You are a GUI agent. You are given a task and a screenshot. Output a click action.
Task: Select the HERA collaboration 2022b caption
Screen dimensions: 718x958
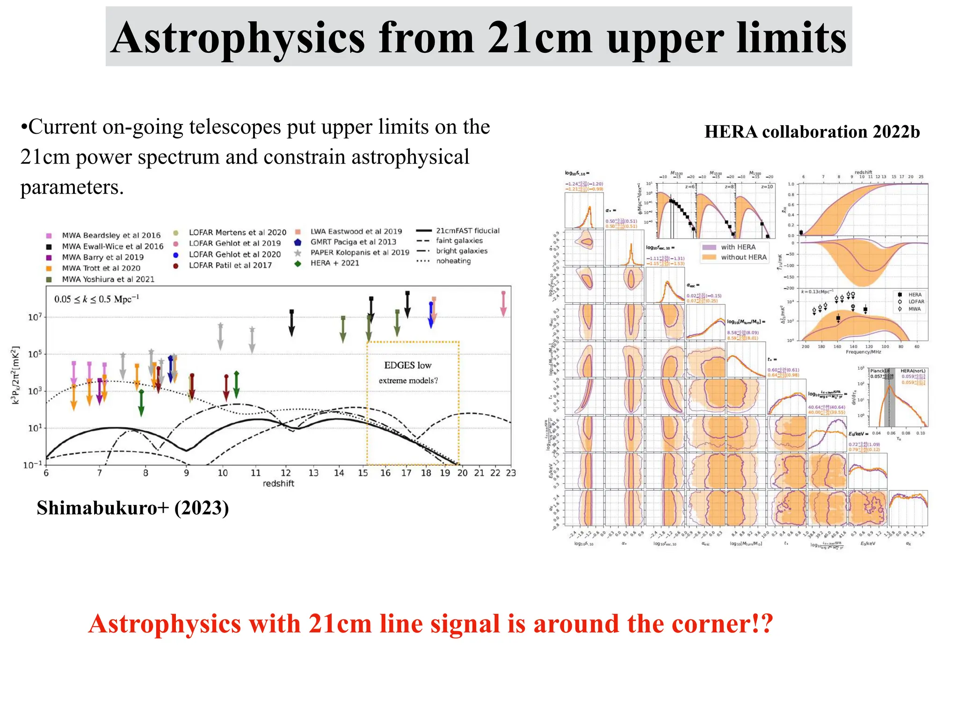[812, 132]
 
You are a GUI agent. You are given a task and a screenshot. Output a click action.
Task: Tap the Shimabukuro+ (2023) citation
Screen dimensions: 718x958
[133, 508]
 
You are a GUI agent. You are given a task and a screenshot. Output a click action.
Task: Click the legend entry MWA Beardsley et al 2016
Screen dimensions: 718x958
[111, 236]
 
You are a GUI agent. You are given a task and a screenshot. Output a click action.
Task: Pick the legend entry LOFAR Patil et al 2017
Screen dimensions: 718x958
[230, 266]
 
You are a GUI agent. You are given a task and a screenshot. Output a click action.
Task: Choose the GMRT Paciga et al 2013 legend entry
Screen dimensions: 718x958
[353, 242]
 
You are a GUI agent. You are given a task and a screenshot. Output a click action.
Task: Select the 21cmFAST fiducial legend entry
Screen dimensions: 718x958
[467, 231]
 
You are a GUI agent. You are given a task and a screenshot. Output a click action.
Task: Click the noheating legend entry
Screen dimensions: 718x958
[453, 261]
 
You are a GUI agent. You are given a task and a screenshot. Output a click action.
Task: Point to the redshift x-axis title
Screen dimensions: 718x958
[278, 484]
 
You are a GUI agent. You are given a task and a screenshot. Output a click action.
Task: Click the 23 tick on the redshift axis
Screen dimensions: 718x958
[511, 473]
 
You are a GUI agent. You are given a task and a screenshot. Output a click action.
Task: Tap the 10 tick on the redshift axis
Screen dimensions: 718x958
[223, 473]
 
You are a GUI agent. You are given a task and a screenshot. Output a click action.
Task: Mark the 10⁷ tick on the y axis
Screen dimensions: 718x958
[35, 317]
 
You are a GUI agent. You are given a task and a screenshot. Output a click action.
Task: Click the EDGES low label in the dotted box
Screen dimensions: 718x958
[407, 366]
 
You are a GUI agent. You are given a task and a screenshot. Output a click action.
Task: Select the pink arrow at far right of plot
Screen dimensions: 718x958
[503, 304]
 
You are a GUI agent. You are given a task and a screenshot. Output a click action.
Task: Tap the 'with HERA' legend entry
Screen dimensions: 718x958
[738, 247]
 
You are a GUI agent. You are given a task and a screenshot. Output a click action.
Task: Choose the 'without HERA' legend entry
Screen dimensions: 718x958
[743, 258]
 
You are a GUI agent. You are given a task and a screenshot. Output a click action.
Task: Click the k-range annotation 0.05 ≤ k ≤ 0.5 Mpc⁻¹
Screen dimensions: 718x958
[96, 299]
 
